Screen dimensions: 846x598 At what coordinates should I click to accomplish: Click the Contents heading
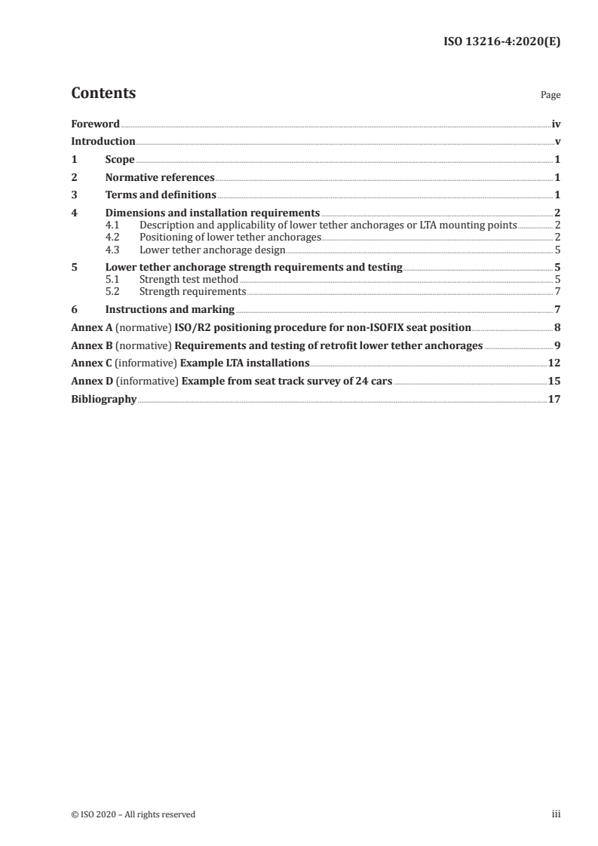[103, 93]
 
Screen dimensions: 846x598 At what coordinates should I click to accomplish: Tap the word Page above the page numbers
[550, 96]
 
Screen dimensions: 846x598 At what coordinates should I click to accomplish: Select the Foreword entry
[95, 124]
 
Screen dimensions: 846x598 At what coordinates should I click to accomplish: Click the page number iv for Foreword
[556, 124]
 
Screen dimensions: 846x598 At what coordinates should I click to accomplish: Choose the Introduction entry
[103, 142]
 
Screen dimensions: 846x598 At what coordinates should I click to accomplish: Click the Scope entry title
[120, 160]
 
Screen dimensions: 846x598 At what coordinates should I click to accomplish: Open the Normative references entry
[160, 178]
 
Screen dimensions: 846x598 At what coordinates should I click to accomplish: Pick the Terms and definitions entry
[161, 196]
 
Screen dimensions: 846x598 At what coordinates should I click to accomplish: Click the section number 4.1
[113, 225]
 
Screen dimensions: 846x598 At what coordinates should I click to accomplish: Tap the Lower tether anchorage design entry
[213, 249]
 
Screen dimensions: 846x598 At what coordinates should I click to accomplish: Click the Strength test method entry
[189, 279]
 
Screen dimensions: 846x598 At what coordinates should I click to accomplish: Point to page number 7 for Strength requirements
[557, 291]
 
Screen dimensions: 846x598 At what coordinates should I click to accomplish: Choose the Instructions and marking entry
[170, 309]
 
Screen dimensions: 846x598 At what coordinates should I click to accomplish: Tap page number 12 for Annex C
[554, 363]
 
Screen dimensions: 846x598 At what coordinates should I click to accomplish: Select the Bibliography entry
[103, 399]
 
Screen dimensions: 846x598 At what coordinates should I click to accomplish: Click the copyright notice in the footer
[133, 814]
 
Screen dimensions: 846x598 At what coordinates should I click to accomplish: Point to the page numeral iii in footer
[557, 814]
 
